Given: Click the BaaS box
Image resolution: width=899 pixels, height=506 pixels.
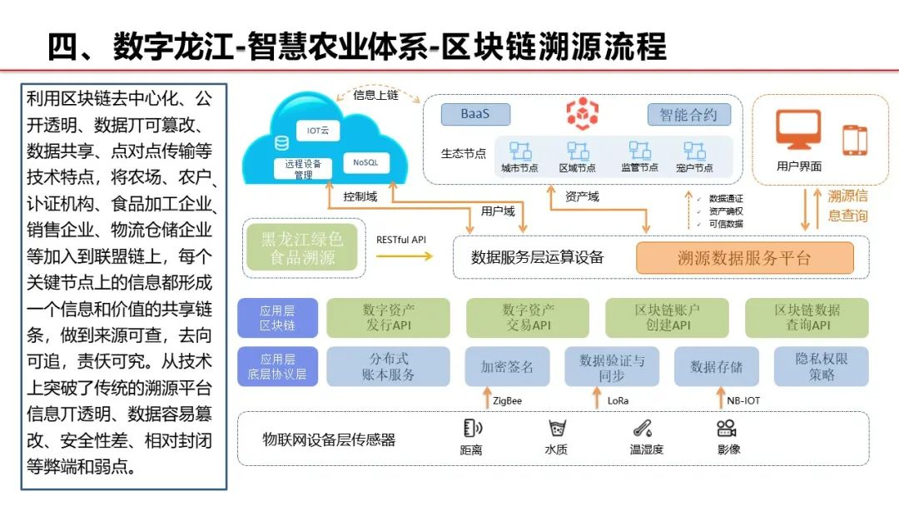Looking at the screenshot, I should [474, 114].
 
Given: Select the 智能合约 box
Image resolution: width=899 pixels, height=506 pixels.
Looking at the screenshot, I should [688, 114].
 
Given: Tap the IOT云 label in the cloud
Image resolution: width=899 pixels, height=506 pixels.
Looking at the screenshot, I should [319, 131].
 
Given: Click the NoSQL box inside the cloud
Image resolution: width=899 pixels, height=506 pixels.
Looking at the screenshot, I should [365, 161].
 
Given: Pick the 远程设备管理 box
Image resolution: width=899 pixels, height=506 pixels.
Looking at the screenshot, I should [303, 169].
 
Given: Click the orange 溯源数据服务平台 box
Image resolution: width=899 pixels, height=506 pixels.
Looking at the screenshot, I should [744, 258].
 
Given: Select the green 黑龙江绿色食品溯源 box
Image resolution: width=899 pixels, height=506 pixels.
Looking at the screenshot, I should [303, 248].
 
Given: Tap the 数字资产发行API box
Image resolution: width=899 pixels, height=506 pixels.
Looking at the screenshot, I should [388, 317].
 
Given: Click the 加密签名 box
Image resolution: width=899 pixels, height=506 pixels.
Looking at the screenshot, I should [507, 366].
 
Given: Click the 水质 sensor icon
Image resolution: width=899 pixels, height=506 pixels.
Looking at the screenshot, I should [556, 429].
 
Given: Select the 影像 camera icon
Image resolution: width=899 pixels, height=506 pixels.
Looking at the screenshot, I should [728, 429].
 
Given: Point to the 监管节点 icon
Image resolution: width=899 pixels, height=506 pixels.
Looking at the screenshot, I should [639, 151].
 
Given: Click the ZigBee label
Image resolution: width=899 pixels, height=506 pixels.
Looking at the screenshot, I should [508, 400].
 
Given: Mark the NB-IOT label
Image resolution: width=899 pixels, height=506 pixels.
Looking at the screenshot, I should [744, 400].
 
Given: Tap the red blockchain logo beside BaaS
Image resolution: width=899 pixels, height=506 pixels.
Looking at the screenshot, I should [581, 112].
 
